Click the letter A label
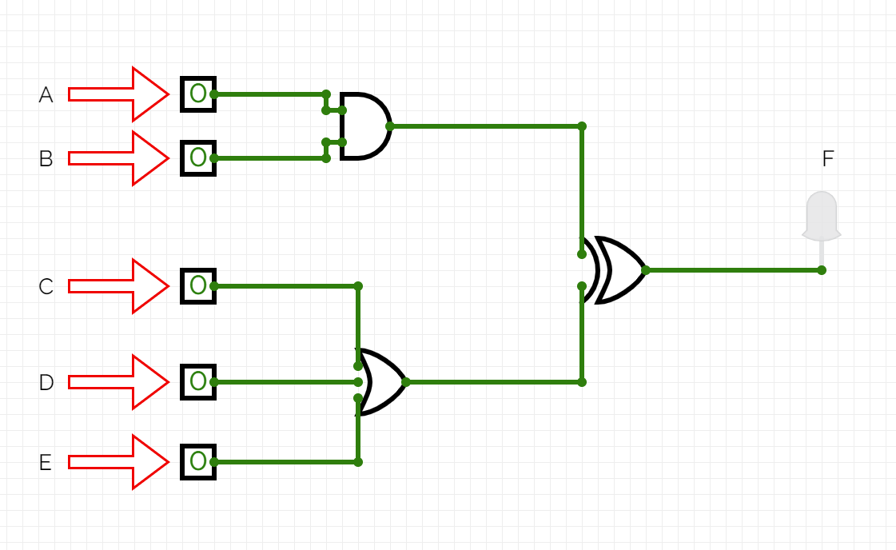tap(46, 95)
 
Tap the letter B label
tap(46, 159)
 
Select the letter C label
tap(46, 286)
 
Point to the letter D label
tap(46, 382)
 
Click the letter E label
tap(46, 462)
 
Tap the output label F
tap(827, 159)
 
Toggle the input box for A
tap(197, 94)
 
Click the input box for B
tap(197, 157)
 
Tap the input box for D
tap(197, 381)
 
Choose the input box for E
tap(197, 461)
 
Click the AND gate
tap(364, 126)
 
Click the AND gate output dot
tap(389, 126)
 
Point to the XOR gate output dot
tap(645, 270)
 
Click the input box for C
tap(197, 285)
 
